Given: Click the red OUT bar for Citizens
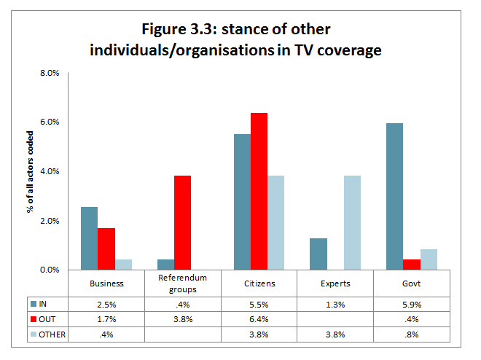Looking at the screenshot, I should coord(259,192).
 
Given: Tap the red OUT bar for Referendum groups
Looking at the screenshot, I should coord(182,223).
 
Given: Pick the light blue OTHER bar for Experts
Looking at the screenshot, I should coord(351,223).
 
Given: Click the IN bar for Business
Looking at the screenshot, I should coord(89,238).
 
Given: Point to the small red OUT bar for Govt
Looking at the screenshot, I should coord(412,265).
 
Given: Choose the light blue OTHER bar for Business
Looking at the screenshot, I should coord(124,265).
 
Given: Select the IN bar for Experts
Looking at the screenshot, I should coord(318,254).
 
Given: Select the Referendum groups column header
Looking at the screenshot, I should coord(182,283).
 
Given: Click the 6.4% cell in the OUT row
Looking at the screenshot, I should coord(259,318).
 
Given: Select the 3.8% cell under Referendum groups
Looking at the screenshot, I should coord(182,318).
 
